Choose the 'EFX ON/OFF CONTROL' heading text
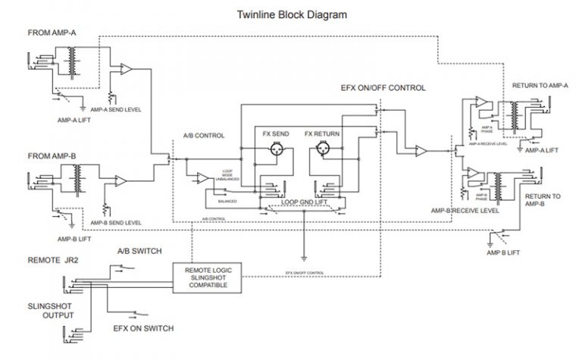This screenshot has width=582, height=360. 383,88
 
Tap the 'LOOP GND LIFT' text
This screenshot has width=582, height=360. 303,202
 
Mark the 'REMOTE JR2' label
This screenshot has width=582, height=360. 55,260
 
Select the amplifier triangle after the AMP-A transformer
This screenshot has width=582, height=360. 126,69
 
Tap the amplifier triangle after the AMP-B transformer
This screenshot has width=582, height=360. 121,180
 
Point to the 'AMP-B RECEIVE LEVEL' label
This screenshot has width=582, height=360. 465,211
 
